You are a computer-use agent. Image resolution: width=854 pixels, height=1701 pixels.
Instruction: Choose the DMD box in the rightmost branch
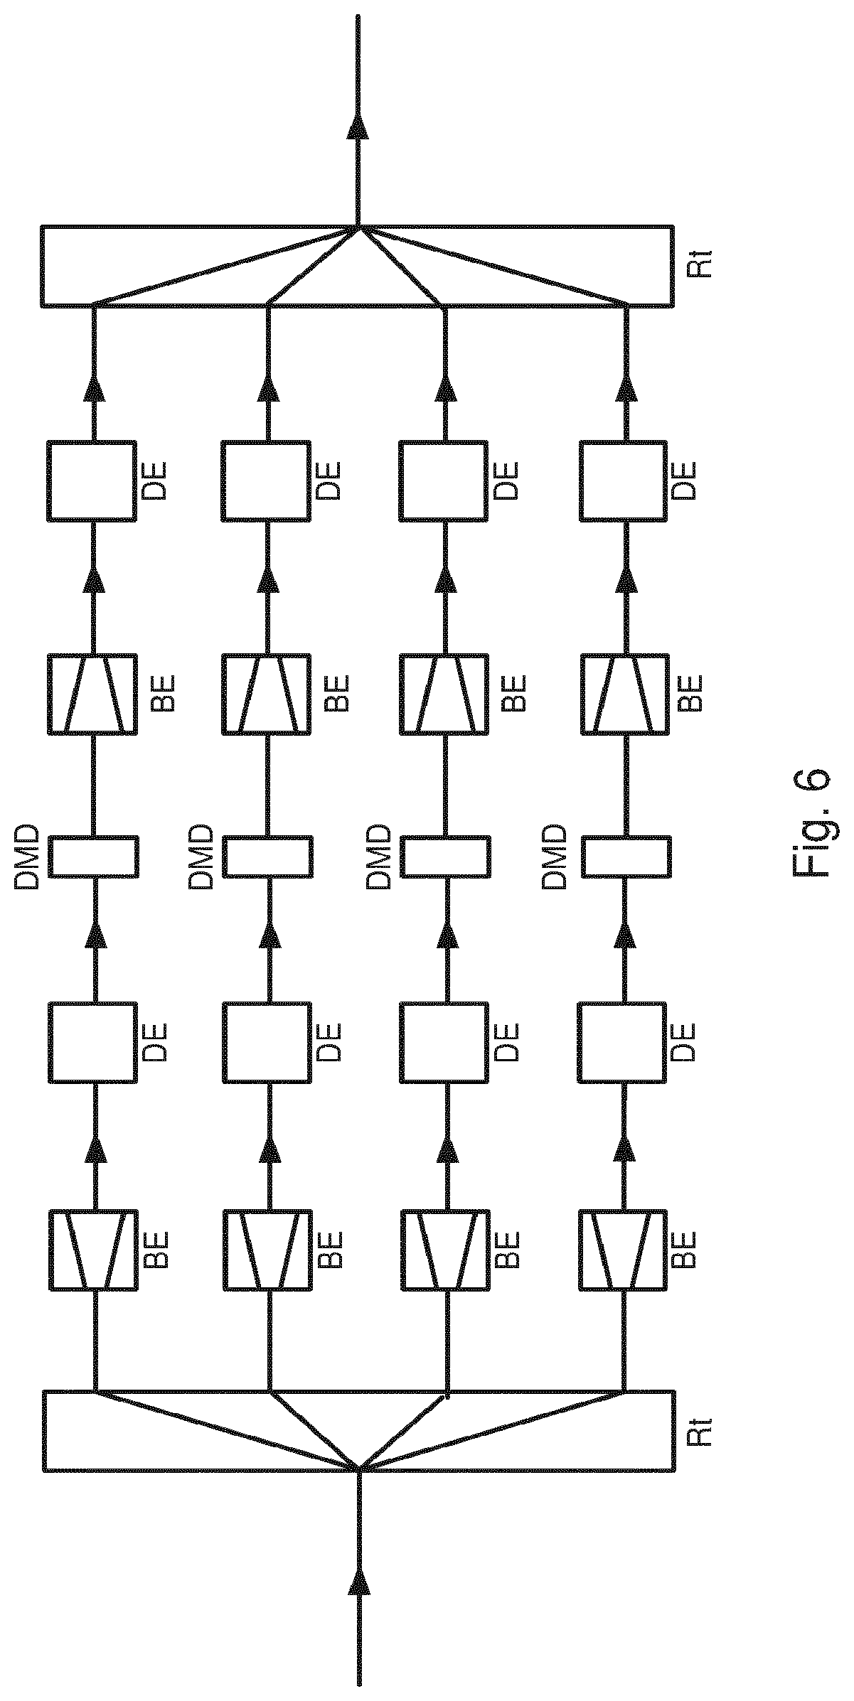(626, 856)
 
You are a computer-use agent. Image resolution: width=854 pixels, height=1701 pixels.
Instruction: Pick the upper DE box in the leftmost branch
(92, 481)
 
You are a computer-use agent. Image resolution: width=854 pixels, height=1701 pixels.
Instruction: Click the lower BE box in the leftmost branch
(92, 1250)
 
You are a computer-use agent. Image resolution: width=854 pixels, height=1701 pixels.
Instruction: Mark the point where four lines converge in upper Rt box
(359, 227)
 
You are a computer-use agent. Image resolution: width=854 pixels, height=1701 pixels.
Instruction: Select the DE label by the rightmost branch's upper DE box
(685, 481)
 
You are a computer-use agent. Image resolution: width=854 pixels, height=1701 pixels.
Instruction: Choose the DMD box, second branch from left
(266, 856)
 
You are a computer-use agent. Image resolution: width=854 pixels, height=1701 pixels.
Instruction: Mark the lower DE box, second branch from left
(266, 1043)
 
